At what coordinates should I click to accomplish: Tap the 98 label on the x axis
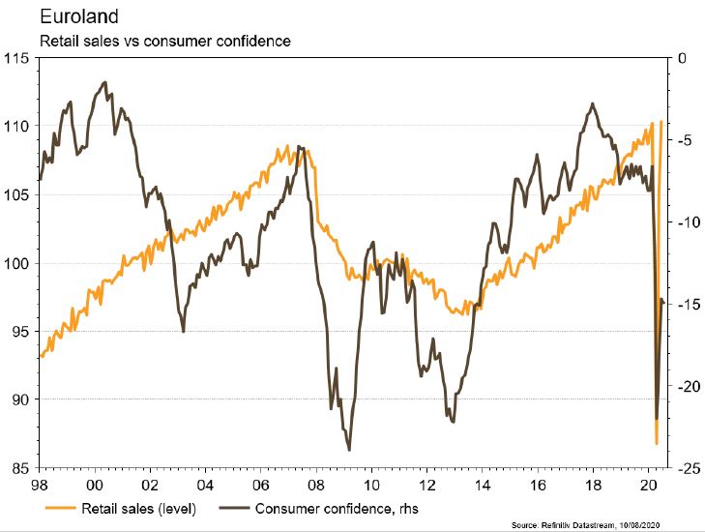click(x=40, y=485)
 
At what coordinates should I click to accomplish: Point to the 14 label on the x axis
click(x=479, y=485)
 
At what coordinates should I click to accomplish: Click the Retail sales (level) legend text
click(x=143, y=507)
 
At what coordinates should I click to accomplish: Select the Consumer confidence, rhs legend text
click(x=336, y=507)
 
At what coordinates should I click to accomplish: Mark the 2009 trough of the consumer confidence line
click(x=348, y=450)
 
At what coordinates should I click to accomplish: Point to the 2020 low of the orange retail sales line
click(x=656, y=444)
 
